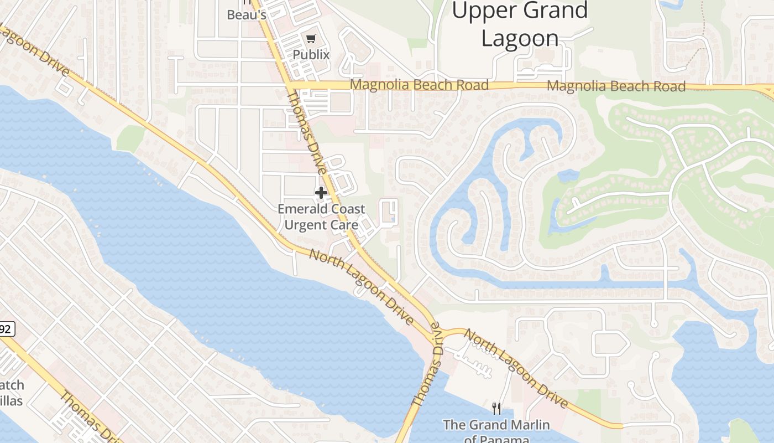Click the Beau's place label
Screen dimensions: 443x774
(247, 15)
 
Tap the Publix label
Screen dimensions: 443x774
(311, 55)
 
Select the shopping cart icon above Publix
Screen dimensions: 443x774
(311, 38)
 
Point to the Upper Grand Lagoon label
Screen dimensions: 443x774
(520, 24)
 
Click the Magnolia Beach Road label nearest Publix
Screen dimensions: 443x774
(420, 85)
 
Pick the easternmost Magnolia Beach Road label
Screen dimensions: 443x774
(616, 86)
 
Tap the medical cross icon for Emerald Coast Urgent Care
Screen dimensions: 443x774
(321, 193)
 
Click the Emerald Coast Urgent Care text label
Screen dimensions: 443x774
(321, 217)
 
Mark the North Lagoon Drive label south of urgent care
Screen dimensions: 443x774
(361, 287)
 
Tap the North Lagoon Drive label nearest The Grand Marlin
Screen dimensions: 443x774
(515, 368)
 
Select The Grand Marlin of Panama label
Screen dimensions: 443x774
(496, 431)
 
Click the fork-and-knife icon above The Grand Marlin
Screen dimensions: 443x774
(496, 409)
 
